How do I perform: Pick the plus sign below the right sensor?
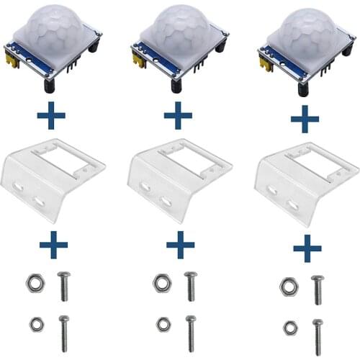(x=305, y=118)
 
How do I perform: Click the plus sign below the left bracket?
(x=53, y=245)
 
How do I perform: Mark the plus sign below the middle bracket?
(x=180, y=245)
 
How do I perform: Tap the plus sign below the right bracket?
(x=307, y=249)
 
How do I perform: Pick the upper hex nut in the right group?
(x=288, y=287)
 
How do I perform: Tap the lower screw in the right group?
(x=317, y=336)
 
